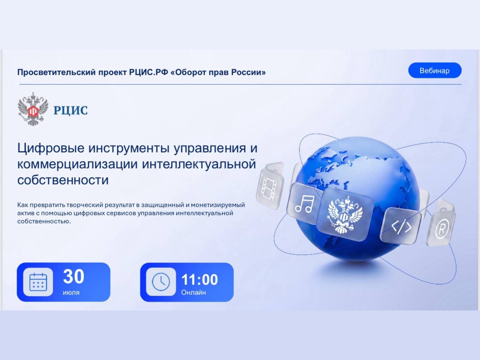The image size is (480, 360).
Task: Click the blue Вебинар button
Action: [435, 70]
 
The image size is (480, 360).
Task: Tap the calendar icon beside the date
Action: [38, 282]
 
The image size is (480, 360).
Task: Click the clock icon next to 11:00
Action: [161, 282]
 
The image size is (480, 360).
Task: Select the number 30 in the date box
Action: [74, 276]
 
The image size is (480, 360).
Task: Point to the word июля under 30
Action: [71, 292]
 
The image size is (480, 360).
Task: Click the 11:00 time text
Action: [199, 279]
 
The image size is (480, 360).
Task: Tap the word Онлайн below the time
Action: [193, 292]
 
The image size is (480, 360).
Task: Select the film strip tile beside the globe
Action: [270, 185]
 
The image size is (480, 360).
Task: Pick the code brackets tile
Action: [401, 226]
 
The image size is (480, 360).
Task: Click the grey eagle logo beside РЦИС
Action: [33, 109]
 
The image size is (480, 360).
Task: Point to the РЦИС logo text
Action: [70, 110]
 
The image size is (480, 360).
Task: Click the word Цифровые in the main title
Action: [51, 148]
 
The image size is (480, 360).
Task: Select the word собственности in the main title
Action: [63, 180]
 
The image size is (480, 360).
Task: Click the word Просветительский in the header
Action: [56, 72]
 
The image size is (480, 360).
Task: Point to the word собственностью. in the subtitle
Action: [44, 221]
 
